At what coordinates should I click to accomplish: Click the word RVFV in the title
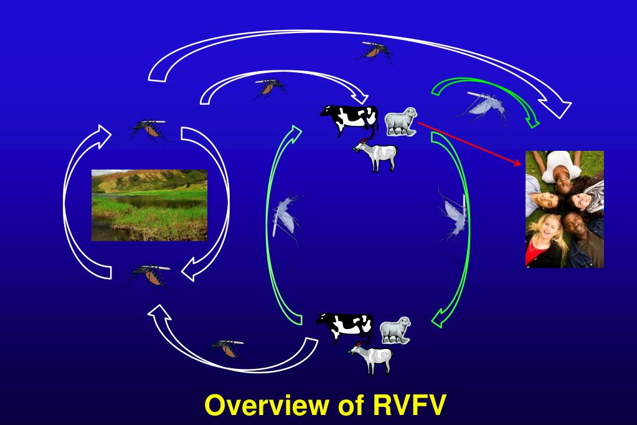409,405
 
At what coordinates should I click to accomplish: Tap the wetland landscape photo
149,206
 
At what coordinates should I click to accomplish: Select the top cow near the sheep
350,120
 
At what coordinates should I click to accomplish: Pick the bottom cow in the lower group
345,327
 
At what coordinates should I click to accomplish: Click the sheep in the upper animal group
401,121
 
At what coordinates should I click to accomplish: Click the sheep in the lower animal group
395,330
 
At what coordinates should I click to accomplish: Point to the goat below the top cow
375,155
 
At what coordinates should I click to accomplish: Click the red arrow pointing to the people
469,143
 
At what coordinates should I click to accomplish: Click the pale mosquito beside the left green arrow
286,217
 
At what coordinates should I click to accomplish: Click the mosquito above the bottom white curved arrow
227,348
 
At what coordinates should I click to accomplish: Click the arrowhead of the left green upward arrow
295,132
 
